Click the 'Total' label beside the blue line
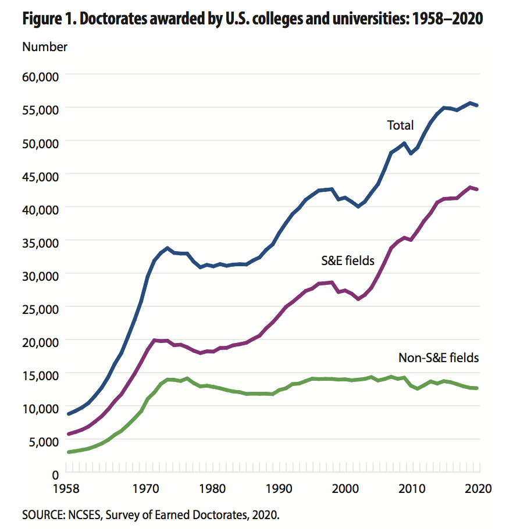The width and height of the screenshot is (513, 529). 400,125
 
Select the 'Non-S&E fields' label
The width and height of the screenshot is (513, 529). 439,358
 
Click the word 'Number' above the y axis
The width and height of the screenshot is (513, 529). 45,47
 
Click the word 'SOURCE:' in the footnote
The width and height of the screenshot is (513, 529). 41,514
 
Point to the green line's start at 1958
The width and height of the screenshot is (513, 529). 69,452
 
